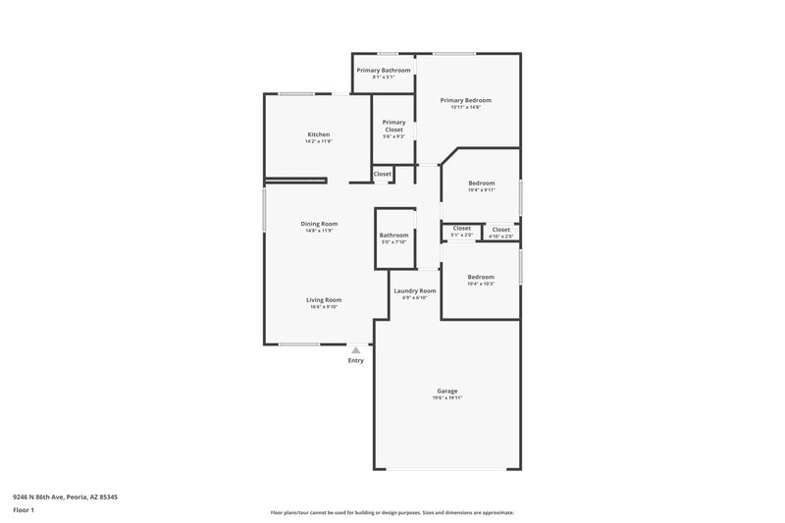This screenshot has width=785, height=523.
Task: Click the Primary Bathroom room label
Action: tap(384, 70)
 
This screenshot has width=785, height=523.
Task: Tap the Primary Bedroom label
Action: tap(465, 100)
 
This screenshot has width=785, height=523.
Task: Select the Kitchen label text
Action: tap(318, 134)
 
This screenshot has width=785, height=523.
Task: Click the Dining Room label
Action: tap(318, 224)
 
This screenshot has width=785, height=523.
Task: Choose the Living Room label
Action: tap(323, 300)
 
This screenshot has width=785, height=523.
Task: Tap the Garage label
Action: tap(446, 391)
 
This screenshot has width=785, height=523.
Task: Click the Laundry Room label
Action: tap(415, 290)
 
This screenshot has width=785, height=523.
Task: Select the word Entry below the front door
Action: tap(355, 361)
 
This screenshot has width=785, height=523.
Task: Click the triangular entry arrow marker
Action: tap(355, 349)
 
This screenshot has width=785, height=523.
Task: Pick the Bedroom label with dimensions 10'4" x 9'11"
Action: tap(481, 183)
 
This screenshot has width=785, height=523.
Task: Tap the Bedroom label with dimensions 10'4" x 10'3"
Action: tap(481, 277)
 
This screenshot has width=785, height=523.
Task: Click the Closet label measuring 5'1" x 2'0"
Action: tap(461, 229)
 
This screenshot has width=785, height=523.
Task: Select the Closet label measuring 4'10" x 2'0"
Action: tap(500, 229)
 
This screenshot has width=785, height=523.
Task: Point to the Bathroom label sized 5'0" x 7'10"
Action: tap(393, 235)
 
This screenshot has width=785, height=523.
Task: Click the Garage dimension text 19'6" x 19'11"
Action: tap(446, 398)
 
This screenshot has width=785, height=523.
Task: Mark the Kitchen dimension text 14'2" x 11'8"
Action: tap(318, 141)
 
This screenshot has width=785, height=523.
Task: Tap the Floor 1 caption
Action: tap(24, 511)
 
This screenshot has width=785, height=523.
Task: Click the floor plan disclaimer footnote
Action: tap(392, 512)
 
